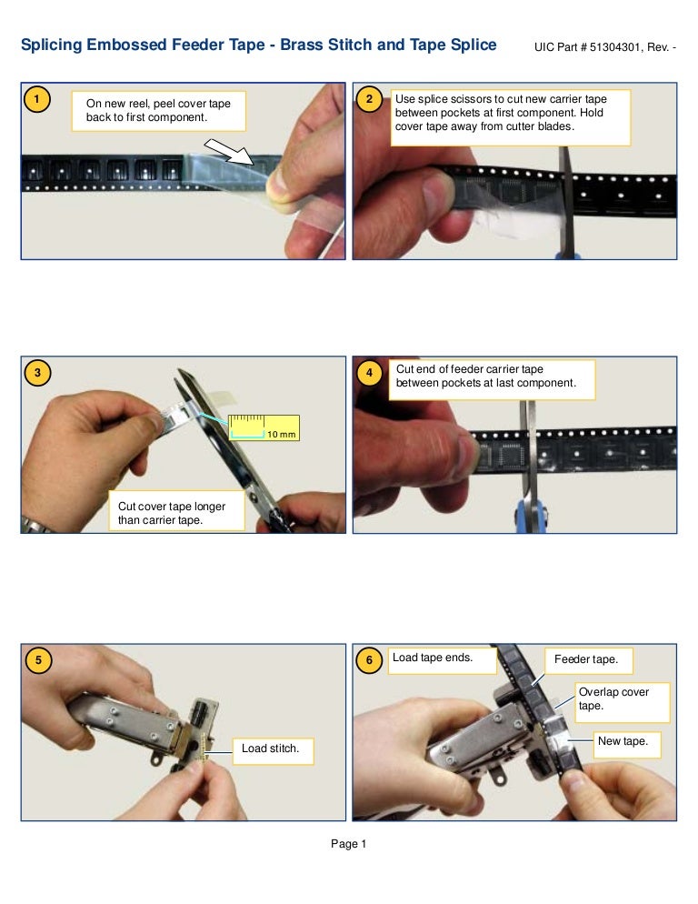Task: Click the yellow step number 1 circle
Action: coord(36,99)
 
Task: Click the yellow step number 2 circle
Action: coord(367,99)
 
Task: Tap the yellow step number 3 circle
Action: coord(36,372)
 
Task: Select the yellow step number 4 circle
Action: coord(367,372)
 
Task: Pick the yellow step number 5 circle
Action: coord(36,661)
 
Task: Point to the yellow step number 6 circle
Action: coord(367,661)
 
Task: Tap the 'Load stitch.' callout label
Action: coord(270,749)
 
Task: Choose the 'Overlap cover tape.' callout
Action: coord(623,698)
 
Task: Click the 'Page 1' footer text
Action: coord(348,845)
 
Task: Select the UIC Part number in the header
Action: coord(607,46)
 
